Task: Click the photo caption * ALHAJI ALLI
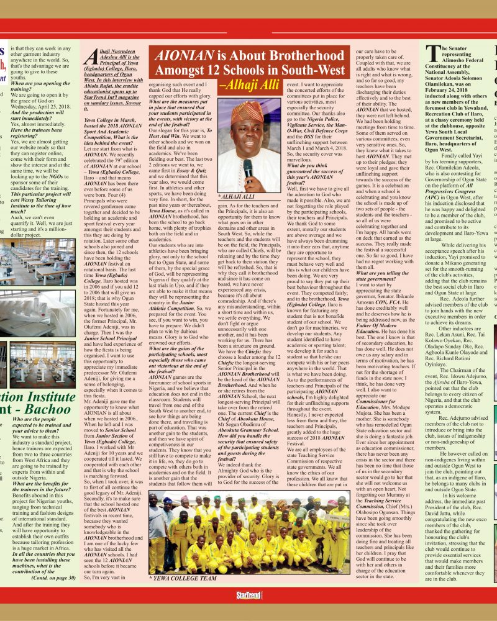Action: pyautogui.click(x=237, y=196)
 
